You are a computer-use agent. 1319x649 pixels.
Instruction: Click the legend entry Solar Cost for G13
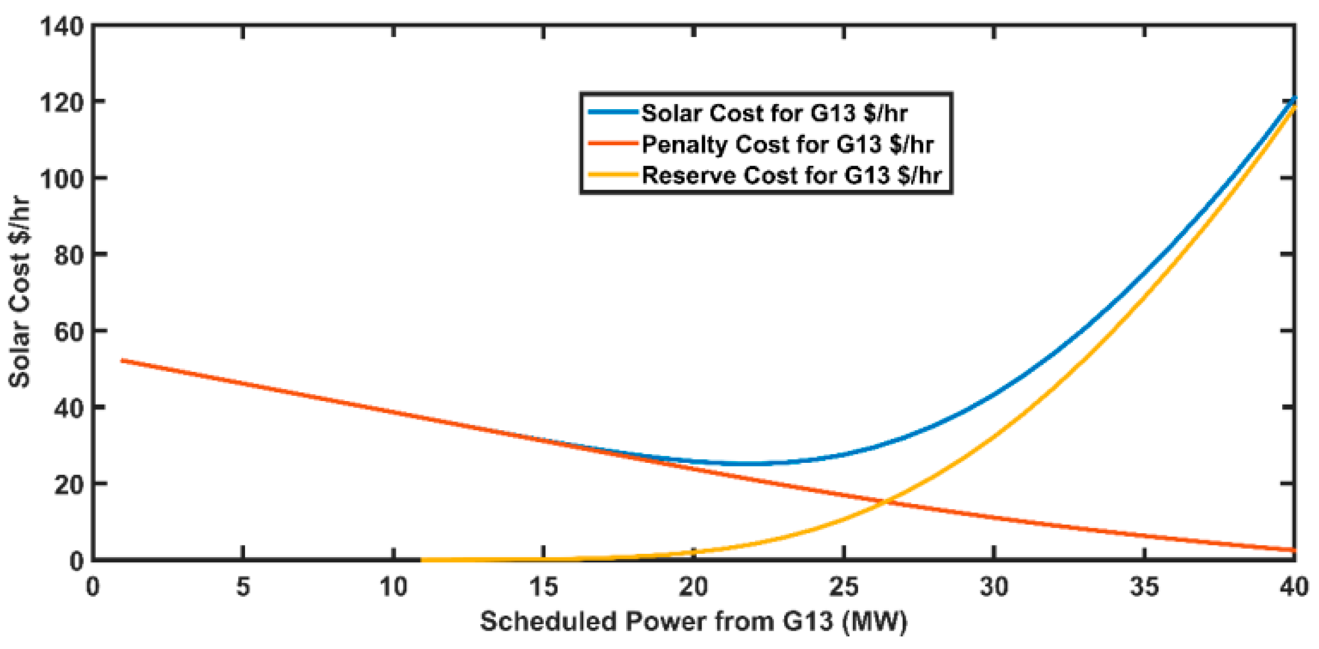(774, 113)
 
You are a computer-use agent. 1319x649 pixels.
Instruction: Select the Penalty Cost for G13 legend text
(787, 144)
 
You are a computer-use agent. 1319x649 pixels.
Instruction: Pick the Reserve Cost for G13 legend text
(791, 176)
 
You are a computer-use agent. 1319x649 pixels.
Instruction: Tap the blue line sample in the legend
(613, 112)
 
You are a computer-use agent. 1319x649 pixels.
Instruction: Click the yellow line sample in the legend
(613, 175)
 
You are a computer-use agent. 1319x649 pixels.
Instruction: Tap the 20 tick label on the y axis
(69, 484)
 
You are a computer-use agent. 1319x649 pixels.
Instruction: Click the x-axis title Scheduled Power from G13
(693, 621)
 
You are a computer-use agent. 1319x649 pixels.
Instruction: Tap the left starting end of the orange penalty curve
(122, 361)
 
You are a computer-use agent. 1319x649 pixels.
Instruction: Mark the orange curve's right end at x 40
(1293, 550)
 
